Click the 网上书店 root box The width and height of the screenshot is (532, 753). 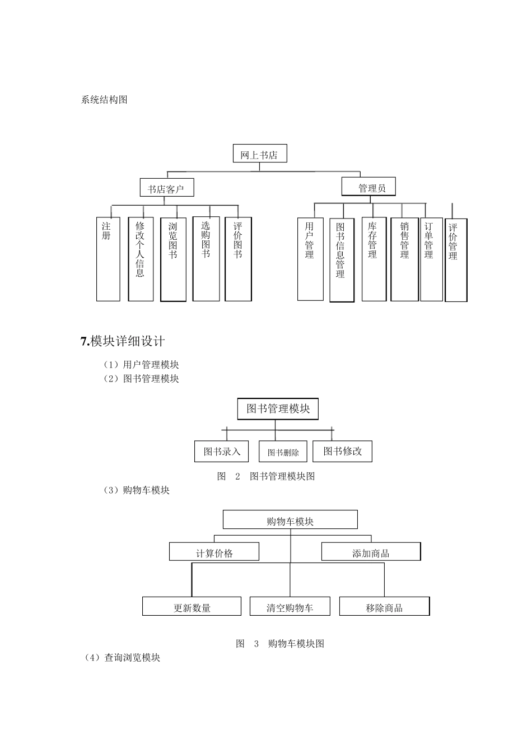click(x=259, y=154)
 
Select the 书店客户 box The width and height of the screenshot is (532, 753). click(x=166, y=188)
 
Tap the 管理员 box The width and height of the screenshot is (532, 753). click(x=368, y=187)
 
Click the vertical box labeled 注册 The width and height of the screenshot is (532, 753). click(x=108, y=259)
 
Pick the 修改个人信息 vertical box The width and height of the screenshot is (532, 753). click(x=141, y=259)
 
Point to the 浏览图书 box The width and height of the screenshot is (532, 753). click(x=173, y=259)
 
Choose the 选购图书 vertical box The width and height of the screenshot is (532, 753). click(x=206, y=259)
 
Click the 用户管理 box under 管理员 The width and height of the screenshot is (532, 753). click(x=310, y=259)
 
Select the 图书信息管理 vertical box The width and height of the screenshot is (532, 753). click(x=342, y=260)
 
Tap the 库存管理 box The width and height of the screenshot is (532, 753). click(x=374, y=259)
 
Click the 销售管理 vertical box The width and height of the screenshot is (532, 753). click(x=404, y=259)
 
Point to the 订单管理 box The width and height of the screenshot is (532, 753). click(x=431, y=259)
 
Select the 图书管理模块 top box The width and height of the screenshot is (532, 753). click(x=278, y=409)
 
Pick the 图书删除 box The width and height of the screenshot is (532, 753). click(x=283, y=452)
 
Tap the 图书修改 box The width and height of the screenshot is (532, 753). click(x=342, y=451)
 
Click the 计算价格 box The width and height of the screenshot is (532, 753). click(x=214, y=552)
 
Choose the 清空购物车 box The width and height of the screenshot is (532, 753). click(x=290, y=607)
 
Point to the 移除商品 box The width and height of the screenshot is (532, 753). click(x=384, y=607)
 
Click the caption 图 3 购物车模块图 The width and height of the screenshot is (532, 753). click(x=280, y=643)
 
